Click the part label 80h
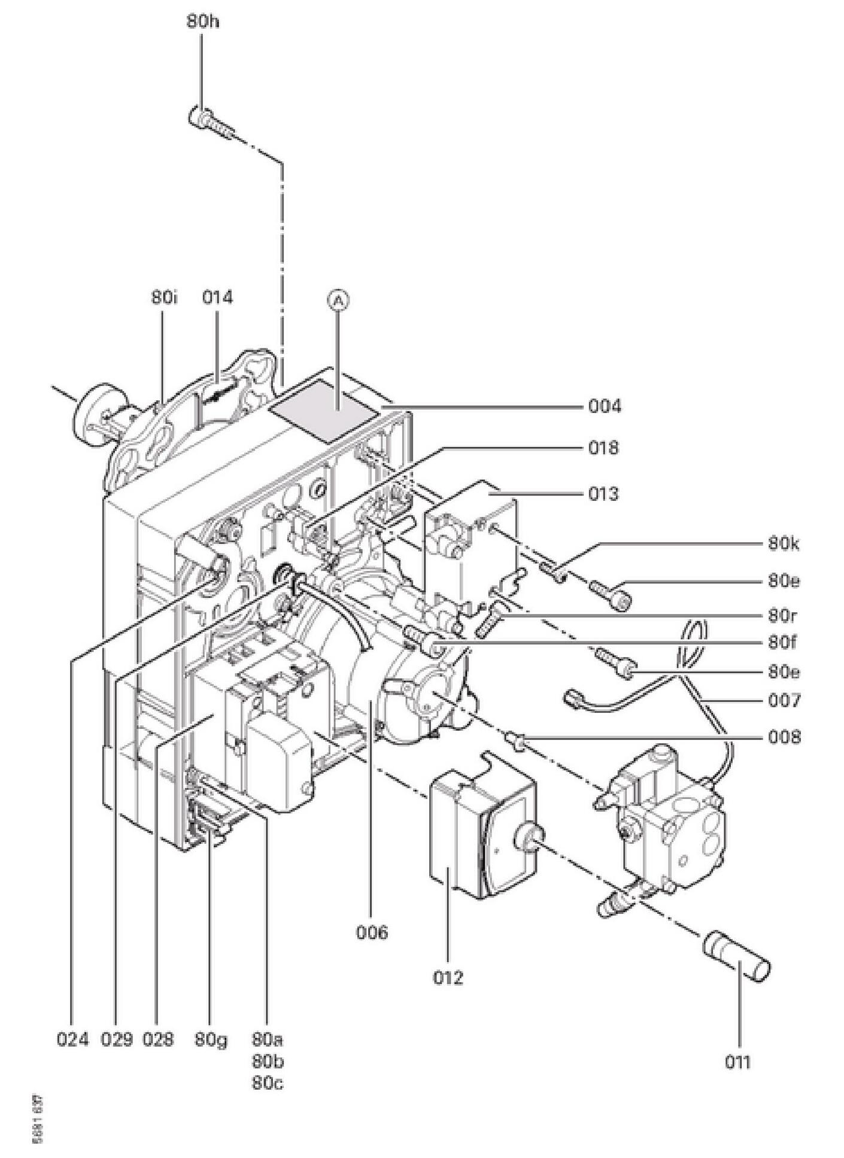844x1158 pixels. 203,22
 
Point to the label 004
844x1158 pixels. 605,407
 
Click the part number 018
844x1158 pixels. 603,448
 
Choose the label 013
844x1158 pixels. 602,494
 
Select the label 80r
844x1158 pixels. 783,616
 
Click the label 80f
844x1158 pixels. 783,643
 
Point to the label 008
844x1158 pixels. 784,737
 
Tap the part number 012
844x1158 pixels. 448,977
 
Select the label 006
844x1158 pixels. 372,932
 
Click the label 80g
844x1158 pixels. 211,1040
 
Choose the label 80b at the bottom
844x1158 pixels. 268,1062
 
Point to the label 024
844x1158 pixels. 72,1040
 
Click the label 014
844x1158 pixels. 217,297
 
